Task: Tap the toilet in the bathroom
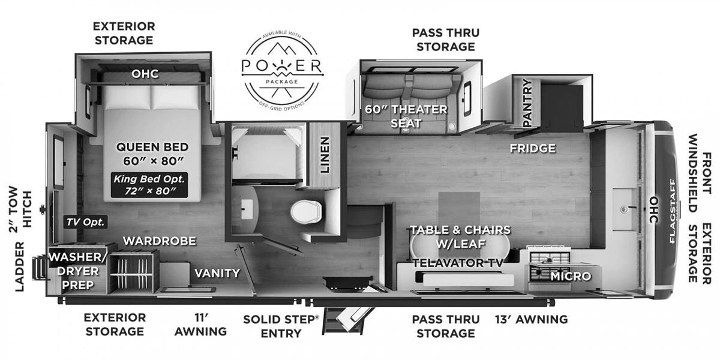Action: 306,212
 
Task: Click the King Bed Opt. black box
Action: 150,185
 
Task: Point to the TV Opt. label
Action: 85,222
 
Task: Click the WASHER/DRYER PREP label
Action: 78,271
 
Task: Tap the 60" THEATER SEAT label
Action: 407,116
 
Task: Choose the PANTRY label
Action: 528,103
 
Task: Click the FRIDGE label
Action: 533,148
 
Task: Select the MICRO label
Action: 571,276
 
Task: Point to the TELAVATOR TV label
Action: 458,263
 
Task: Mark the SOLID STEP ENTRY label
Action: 280,326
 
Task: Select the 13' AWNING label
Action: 531,319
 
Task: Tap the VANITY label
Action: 217,273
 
